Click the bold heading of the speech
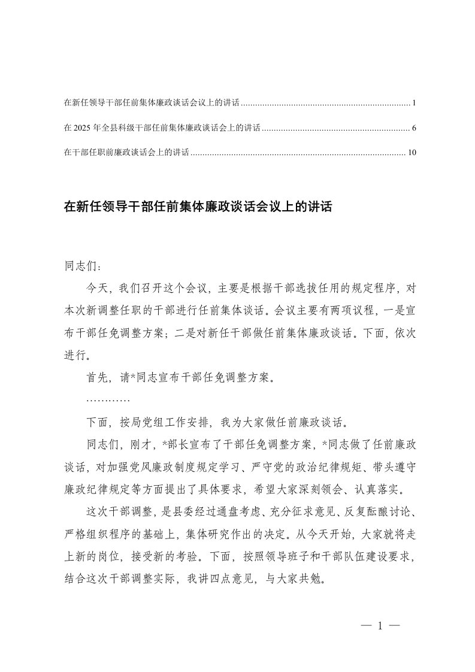(x=198, y=207)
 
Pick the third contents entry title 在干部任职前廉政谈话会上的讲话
(x=126, y=153)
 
